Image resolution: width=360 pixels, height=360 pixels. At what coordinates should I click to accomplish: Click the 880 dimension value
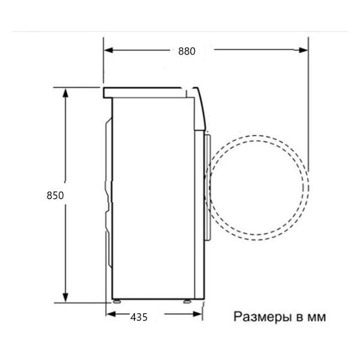coord(187,52)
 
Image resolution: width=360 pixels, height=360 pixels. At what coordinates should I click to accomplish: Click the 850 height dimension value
coord(55,196)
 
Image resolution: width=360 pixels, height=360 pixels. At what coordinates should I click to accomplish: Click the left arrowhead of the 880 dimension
coord(109,51)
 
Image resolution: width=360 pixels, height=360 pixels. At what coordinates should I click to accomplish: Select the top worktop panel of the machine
coord(144,92)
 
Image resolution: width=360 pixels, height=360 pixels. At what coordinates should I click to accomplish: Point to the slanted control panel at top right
coord(200,108)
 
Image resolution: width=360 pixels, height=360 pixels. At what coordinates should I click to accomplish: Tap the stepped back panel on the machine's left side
coord(109,192)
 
